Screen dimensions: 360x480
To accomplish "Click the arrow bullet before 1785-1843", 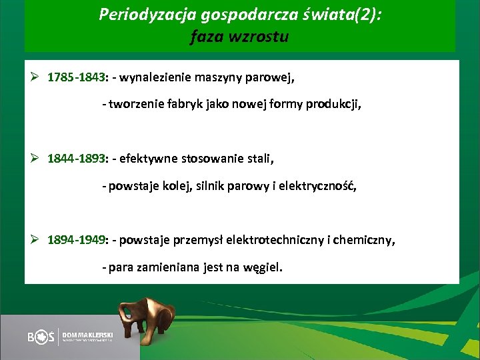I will click(37, 77).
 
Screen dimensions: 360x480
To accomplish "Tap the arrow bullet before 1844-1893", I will click(37, 159).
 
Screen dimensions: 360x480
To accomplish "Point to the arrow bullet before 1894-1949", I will click(37, 241).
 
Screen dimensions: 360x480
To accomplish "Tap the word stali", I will click(259, 159).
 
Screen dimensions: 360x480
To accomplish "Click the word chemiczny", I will click(369, 241).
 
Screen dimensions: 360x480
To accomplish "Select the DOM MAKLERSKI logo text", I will click(87, 333).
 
